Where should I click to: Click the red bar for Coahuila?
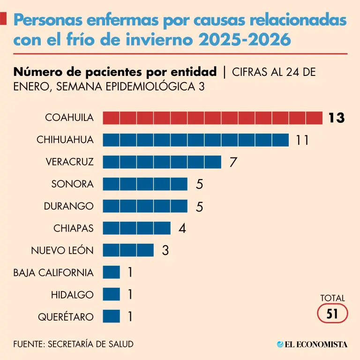point(212,118)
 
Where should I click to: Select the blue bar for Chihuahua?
point(195,140)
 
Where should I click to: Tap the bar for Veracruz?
point(162,162)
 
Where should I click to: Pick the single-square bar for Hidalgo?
point(111,294)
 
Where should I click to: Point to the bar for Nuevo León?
point(128,250)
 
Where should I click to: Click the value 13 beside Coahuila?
point(337,118)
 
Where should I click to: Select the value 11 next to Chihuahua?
point(302,140)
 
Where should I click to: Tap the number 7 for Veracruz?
point(233,162)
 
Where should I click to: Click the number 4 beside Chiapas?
point(182,228)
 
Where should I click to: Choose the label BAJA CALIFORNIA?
point(53,273)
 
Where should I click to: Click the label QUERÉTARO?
point(66,317)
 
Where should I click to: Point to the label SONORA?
point(73,184)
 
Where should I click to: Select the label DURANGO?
point(68,206)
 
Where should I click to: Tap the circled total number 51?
point(332,314)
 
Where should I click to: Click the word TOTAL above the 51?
point(332,298)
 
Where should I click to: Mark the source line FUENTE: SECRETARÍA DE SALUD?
point(73,344)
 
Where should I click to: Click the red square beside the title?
point(3,19)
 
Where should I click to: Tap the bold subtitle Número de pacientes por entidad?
point(115,72)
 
